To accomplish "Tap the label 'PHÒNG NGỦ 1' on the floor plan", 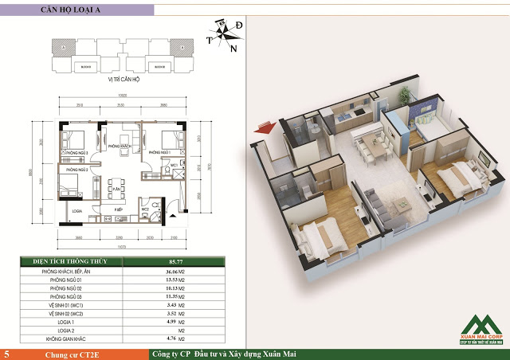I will [160, 151].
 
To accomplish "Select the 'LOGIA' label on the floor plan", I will [77, 212].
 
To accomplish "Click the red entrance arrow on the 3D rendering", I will [259, 128].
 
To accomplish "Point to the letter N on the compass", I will [233, 49].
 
